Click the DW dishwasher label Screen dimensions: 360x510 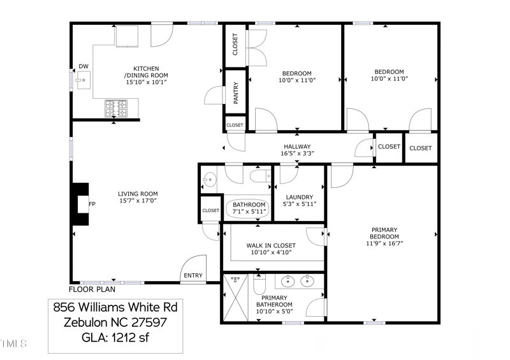pos(84,66)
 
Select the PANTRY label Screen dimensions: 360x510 pos(236,93)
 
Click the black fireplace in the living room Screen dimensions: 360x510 pos(80,204)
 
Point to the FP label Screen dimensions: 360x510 pos(92,204)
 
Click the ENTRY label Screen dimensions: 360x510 pos(193,276)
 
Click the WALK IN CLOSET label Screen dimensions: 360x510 pos(271,245)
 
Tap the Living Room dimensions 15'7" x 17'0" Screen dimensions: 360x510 pos(137,201)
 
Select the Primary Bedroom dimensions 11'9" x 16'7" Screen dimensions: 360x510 pos(384,243)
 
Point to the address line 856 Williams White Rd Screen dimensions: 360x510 pos(115,308)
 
